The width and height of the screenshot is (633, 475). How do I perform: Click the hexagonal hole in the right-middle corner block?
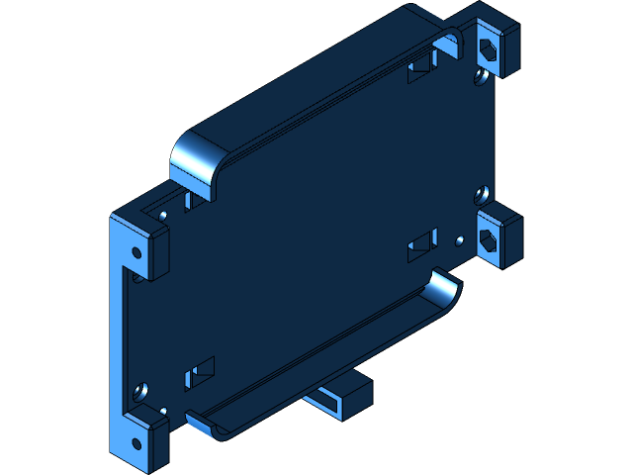point(488,239)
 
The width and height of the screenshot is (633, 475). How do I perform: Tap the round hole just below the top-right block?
point(480,73)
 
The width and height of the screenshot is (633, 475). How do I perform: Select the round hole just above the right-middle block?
point(482,192)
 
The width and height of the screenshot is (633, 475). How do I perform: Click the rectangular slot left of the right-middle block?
point(422,245)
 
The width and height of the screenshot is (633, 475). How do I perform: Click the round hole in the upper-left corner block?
point(137,251)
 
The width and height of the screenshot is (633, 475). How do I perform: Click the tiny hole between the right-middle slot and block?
point(458,238)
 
